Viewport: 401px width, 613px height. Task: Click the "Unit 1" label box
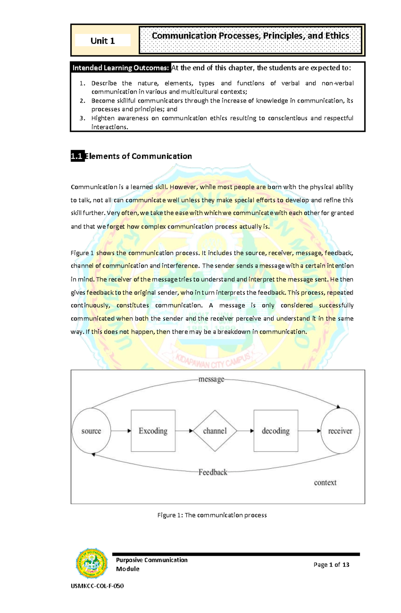click(x=103, y=41)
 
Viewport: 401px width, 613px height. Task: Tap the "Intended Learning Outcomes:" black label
click(x=121, y=68)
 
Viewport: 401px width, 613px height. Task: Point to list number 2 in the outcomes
click(x=83, y=101)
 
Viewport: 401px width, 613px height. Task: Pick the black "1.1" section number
click(x=77, y=156)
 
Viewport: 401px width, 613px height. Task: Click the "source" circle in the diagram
click(x=91, y=431)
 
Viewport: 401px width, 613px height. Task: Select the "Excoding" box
click(x=153, y=431)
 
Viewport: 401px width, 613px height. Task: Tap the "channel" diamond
click(x=215, y=431)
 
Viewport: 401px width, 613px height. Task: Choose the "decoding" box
click(x=276, y=431)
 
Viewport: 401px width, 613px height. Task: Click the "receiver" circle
click(x=340, y=431)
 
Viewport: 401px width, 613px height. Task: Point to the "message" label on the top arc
click(x=211, y=379)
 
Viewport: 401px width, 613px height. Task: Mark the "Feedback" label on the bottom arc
click(x=213, y=472)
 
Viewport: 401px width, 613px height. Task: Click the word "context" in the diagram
click(x=325, y=483)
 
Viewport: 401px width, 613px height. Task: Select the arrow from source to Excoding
click(x=121, y=431)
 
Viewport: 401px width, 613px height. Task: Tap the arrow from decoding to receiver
click(x=309, y=431)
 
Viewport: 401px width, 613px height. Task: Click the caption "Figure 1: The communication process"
click(x=212, y=515)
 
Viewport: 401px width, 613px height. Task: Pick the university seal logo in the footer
click(x=92, y=563)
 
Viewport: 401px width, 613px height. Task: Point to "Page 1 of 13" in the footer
click(x=331, y=565)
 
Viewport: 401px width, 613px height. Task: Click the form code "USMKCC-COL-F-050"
click(x=97, y=586)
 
